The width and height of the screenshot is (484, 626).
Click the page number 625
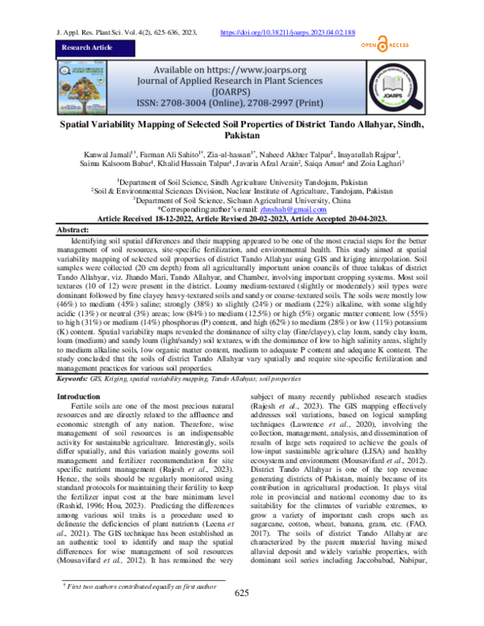tap(241, 616)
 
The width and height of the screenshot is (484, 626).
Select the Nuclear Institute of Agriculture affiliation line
tap(241, 190)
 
